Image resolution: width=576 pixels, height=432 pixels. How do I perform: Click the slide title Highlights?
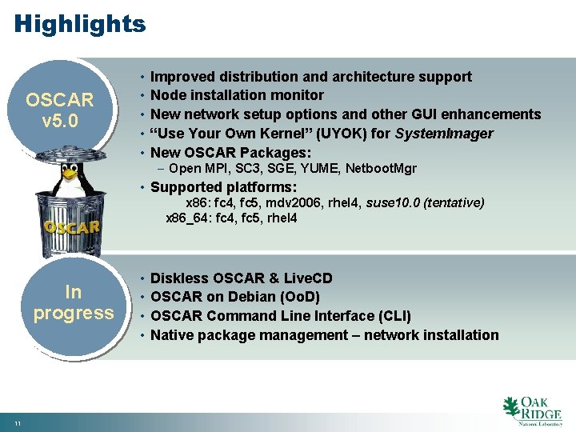(x=80, y=24)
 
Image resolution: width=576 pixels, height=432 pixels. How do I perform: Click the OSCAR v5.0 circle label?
(x=60, y=113)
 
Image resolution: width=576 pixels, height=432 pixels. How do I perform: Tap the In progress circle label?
(x=73, y=302)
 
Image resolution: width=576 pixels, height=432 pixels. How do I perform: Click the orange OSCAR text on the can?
(x=72, y=226)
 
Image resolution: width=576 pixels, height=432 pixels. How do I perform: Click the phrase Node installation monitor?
(x=237, y=95)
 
